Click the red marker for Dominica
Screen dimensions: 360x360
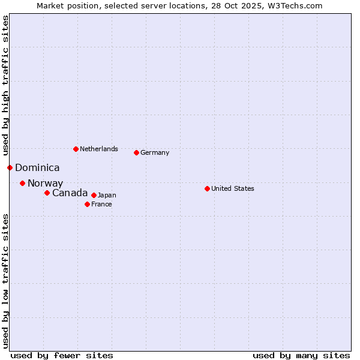pyautogui.click(x=10, y=167)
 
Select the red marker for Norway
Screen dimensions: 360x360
pyautogui.click(x=22, y=183)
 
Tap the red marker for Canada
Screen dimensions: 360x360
pyautogui.click(x=47, y=193)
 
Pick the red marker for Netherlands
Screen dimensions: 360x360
pyautogui.click(x=76, y=149)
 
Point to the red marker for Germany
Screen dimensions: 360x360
pyautogui.click(x=136, y=152)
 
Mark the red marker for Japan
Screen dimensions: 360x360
pyautogui.click(x=94, y=195)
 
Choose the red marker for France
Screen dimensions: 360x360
pyautogui.click(x=87, y=204)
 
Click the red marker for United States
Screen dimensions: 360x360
pyautogui.click(x=207, y=188)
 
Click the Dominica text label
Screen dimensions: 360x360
pyautogui.click(x=37, y=168)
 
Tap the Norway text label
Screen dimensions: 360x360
pyautogui.click(x=45, y=184)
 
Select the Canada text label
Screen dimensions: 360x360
pyautogui.click(x=70, y=193)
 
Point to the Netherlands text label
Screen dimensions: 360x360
pyautogui.click(x=99, y=149)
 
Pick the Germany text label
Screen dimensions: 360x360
pyautogui.click(x=155, y=152)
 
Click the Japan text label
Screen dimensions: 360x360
pyautogui.click(x=107, y=195)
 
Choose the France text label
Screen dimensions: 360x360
pyautogui.click(x=101, y=204)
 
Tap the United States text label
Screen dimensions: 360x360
pyautogui.click(x=233, y=188)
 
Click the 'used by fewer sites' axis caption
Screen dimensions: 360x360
pyautogui.click(x=62, y=355)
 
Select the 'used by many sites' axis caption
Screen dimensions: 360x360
pyautogui.click(x=301, y=355)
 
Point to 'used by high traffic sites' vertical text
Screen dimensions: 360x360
pyautogui.click(x=5, y=85)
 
